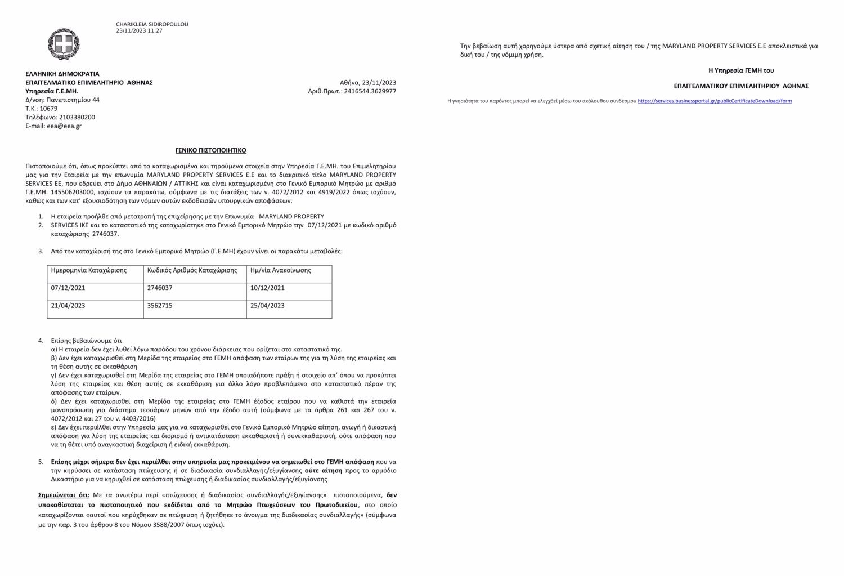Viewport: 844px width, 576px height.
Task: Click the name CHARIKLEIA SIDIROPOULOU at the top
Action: point(152,24)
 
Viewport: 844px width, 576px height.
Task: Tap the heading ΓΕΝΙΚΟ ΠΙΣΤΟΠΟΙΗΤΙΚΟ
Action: point(211,150)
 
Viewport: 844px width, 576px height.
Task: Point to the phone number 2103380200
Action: point(76,117)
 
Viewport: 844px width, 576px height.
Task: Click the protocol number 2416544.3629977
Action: point(370,91)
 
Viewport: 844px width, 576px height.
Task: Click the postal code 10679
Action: point(48,109)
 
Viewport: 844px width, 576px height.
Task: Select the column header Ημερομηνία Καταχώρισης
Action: point(89,270)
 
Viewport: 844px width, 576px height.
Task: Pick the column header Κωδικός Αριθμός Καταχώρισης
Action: point(192,270)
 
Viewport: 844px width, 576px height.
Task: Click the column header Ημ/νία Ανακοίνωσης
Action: point(280,270)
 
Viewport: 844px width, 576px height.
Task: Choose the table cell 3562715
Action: point(160,306)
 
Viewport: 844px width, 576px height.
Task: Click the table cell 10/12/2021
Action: point(267,288)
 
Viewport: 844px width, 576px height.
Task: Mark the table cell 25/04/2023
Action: point(267,306)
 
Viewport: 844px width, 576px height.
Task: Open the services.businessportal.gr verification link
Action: point(715,101)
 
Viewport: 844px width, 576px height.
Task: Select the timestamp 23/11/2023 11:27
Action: point(139,30)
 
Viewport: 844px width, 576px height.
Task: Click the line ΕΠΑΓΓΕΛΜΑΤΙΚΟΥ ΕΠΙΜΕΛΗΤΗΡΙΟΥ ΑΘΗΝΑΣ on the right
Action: point(741,86)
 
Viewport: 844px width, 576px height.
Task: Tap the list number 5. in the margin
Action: point(41,462)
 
